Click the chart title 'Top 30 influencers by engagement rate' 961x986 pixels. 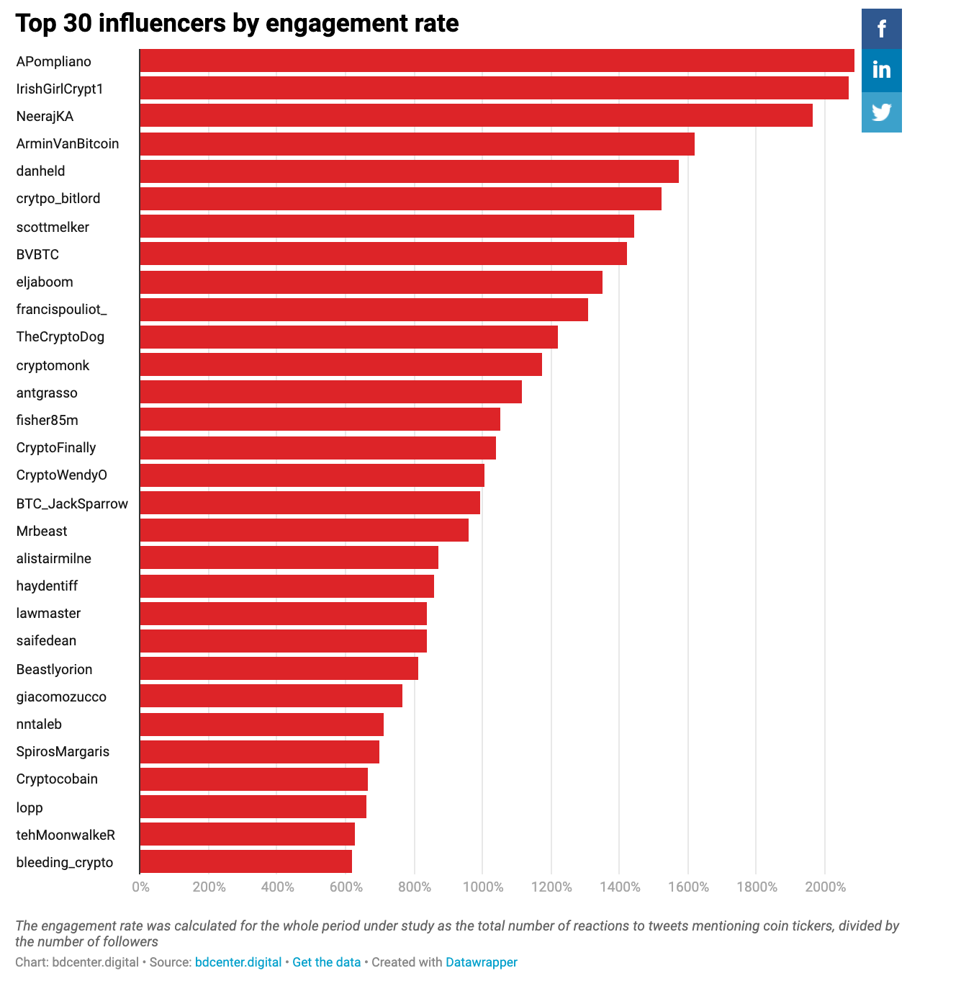point(237,23)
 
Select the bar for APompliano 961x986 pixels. point(497,61)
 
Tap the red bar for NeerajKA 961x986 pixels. point(476,116)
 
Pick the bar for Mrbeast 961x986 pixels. point(304,531)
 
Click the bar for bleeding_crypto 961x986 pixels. point(245,862)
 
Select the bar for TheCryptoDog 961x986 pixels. point(348,337)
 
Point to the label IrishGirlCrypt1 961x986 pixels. point(60,89)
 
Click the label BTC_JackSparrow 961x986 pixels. point(72,503)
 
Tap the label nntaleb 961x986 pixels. point(39,724)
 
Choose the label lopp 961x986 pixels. point(30,807)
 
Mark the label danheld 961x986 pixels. point(40,171)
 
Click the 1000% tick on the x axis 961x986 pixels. point(482,887)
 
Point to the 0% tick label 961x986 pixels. point(140,887)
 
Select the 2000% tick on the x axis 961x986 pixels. point(825,887)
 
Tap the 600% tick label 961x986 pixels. point(346,887)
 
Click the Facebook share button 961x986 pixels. point(881,29)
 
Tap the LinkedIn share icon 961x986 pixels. point(881,70)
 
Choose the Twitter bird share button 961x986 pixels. point(881,112)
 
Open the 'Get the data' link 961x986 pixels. point(326,962)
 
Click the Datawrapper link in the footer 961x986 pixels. point(481,962)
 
